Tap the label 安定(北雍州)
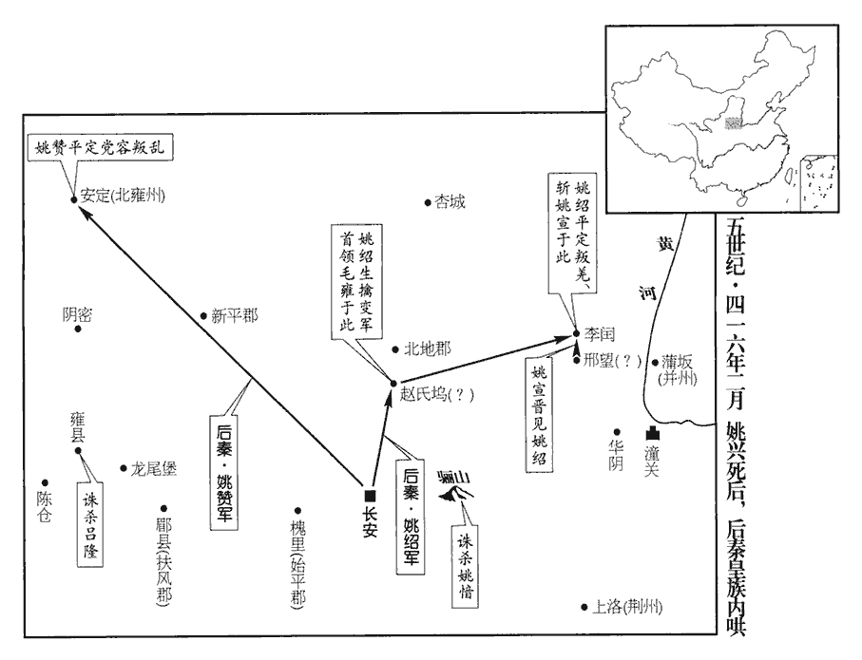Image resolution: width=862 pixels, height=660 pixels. [x=124, y=198]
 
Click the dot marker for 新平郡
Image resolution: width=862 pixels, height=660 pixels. [x=203, y=317]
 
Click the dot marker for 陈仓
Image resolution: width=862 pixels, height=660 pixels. [x=45, y=483]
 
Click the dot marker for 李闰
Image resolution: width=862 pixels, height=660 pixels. [x=576, y=333]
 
